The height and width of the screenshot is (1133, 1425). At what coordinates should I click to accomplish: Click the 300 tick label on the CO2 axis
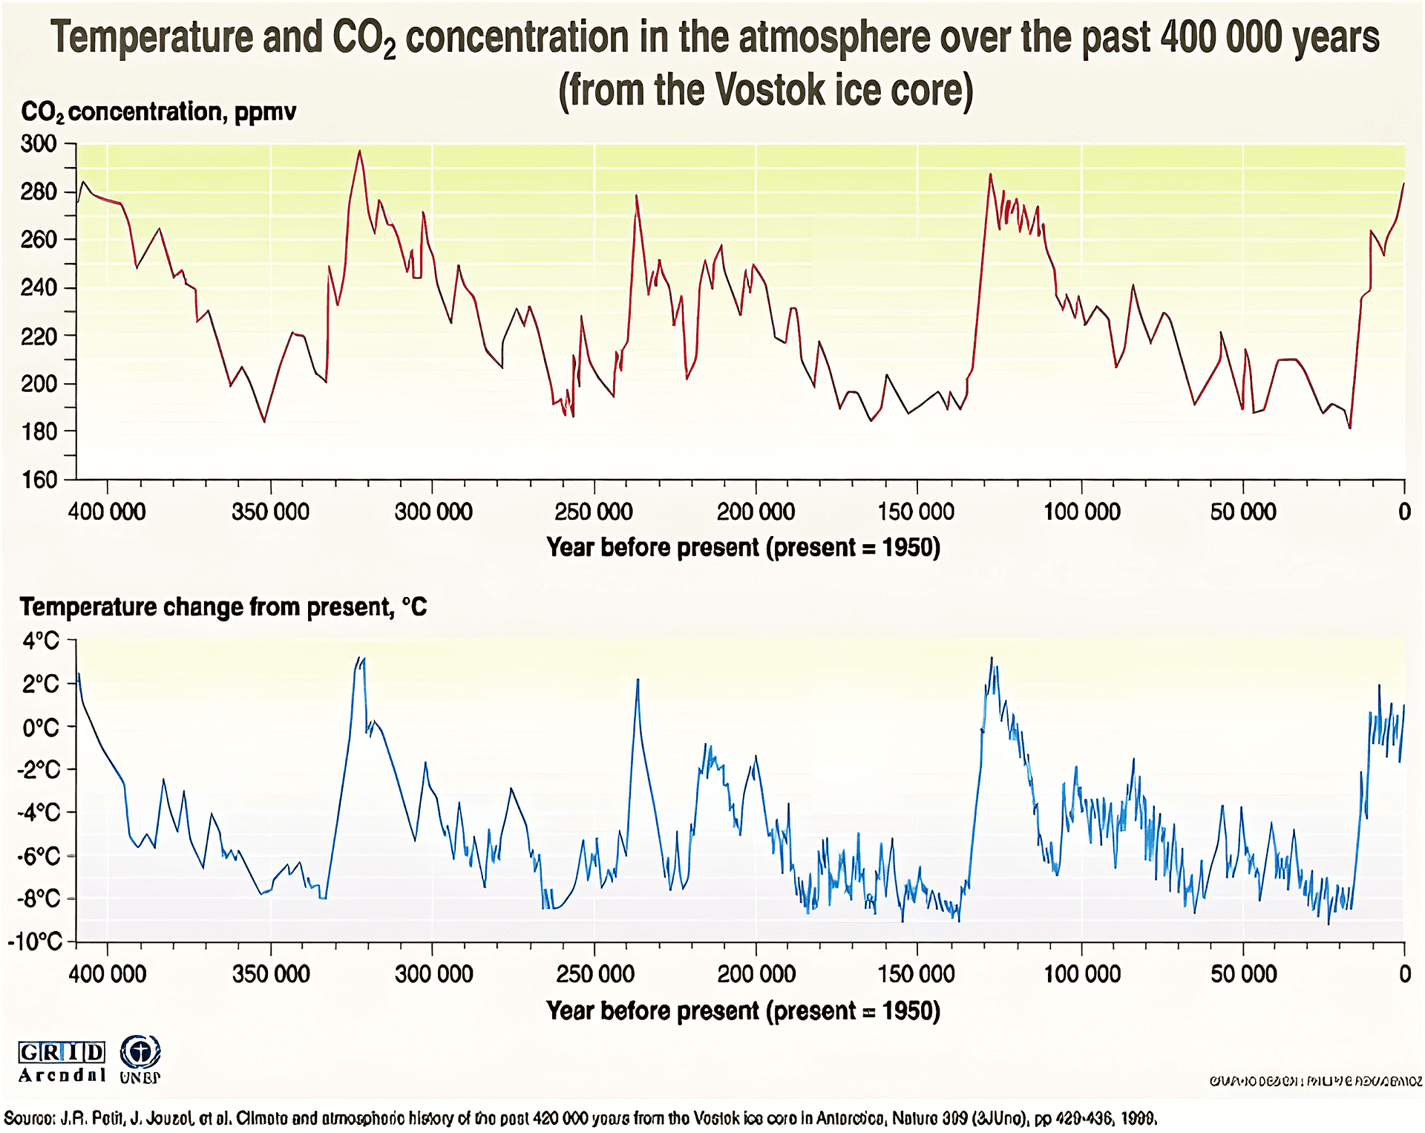click(x=39, y=143)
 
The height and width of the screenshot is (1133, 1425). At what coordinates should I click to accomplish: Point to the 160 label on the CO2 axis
click(x=39, y=480)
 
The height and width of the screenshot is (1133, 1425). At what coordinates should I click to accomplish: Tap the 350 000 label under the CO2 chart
click(x=270, y=512)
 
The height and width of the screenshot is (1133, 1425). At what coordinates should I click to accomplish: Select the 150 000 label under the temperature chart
click(x=917, y=973)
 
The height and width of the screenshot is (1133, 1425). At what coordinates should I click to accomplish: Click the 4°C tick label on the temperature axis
click(x=41, y=640)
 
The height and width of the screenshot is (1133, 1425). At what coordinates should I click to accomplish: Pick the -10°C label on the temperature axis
click(x=35, y=941)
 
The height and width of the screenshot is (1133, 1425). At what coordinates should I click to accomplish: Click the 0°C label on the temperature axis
click(x=41, y=727)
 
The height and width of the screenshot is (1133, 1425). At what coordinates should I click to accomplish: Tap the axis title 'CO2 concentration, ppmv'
click(x=158, y=112)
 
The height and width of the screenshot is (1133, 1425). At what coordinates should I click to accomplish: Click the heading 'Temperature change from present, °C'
click(x=223, y=607)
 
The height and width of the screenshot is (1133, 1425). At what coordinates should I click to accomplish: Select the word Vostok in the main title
click(x=771, y=91)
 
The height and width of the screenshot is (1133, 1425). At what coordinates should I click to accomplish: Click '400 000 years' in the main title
click(x=1269, y=37)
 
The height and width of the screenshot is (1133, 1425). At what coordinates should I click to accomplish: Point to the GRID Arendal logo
click(x=62, y=1062)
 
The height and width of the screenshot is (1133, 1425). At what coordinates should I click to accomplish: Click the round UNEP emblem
click(x=140, y=1053)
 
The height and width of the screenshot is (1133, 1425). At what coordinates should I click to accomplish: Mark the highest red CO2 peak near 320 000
click(x=360, y=151)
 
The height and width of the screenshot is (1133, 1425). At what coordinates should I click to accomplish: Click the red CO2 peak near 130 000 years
click(x=990, y=175)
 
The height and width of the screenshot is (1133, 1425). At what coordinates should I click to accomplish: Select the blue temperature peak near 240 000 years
click(x=638, y=679)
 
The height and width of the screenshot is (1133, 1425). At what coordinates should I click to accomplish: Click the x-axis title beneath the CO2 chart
click(x=743, y=547)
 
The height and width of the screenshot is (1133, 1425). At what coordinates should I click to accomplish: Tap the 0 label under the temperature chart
click(x=1404, y=973)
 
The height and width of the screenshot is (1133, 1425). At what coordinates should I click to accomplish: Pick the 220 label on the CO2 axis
click(x=39, y=336)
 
